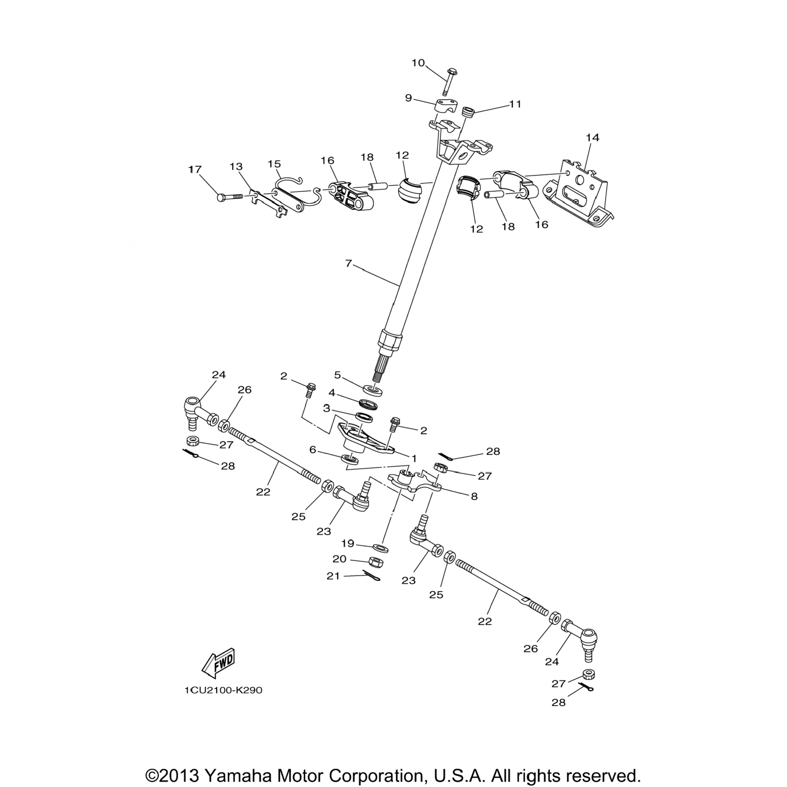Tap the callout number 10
click(x=418, y=63)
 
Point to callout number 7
click(x=348, y=263)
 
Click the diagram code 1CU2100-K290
click(x=223, y=690)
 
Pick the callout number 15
click(x=274, y=164)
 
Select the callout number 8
click(x=474, y=496)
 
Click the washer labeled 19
click(x=380, y=548)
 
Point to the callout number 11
click(x=515, y=104)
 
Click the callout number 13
click(x=236, y=167)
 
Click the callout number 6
click(x=313, y=450)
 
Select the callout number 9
click(x=408, y=98)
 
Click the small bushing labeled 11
click(x=468, y=112)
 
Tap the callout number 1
click(x=413, y=459)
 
